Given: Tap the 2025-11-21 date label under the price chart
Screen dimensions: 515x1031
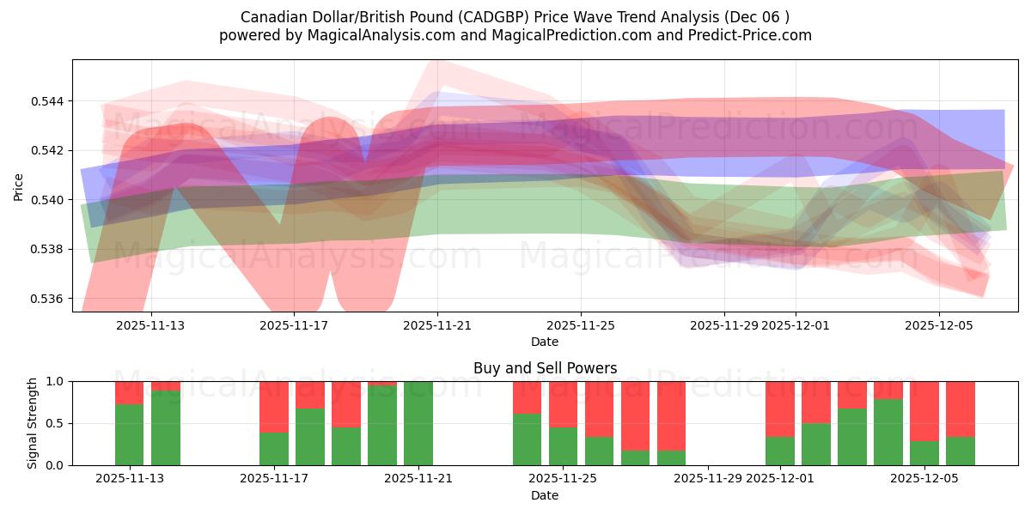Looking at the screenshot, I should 437,325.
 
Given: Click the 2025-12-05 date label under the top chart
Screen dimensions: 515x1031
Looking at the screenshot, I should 938,325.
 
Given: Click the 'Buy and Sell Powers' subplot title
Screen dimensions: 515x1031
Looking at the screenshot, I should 545,368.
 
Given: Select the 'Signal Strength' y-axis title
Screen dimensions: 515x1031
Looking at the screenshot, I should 33,423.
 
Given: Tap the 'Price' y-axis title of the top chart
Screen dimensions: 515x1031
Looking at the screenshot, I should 19,186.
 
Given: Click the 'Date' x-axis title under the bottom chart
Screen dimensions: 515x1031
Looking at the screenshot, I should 545,495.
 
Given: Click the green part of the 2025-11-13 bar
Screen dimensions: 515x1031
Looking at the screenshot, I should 130,434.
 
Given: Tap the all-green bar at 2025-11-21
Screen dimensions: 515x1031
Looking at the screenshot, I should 418,423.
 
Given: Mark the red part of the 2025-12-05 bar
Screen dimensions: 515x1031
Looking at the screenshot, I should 924,410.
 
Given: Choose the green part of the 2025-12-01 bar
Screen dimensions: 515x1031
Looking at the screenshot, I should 780,451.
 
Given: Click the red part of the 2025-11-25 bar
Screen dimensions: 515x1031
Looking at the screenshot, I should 564,403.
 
